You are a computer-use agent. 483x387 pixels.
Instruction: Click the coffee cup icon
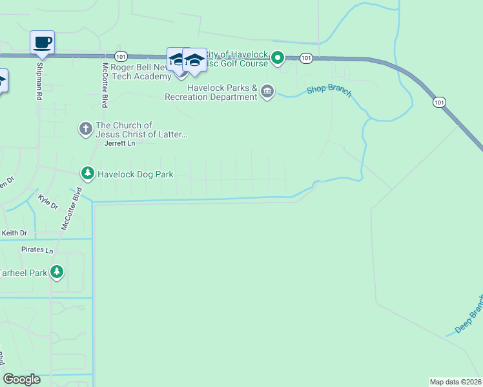tap(43, 43)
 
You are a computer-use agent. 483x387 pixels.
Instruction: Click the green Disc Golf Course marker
tap(278, 59)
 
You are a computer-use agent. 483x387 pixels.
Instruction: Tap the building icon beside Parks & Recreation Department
tap(267, 93)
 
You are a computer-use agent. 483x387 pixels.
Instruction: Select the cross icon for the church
tap(85, 129)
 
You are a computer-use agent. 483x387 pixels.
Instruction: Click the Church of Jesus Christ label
tap(141, 130)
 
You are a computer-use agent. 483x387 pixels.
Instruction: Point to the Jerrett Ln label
tap(121, 144)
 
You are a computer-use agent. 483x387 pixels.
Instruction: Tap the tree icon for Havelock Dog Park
tap(87, 174)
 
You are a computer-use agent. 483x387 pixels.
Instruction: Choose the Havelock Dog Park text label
tap(136, 174)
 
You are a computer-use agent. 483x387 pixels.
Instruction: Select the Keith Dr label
tap(15, 233)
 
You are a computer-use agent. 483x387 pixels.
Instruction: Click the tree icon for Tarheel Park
tap(57, 272)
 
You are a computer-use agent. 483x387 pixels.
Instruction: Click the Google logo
tap(21, 379)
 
